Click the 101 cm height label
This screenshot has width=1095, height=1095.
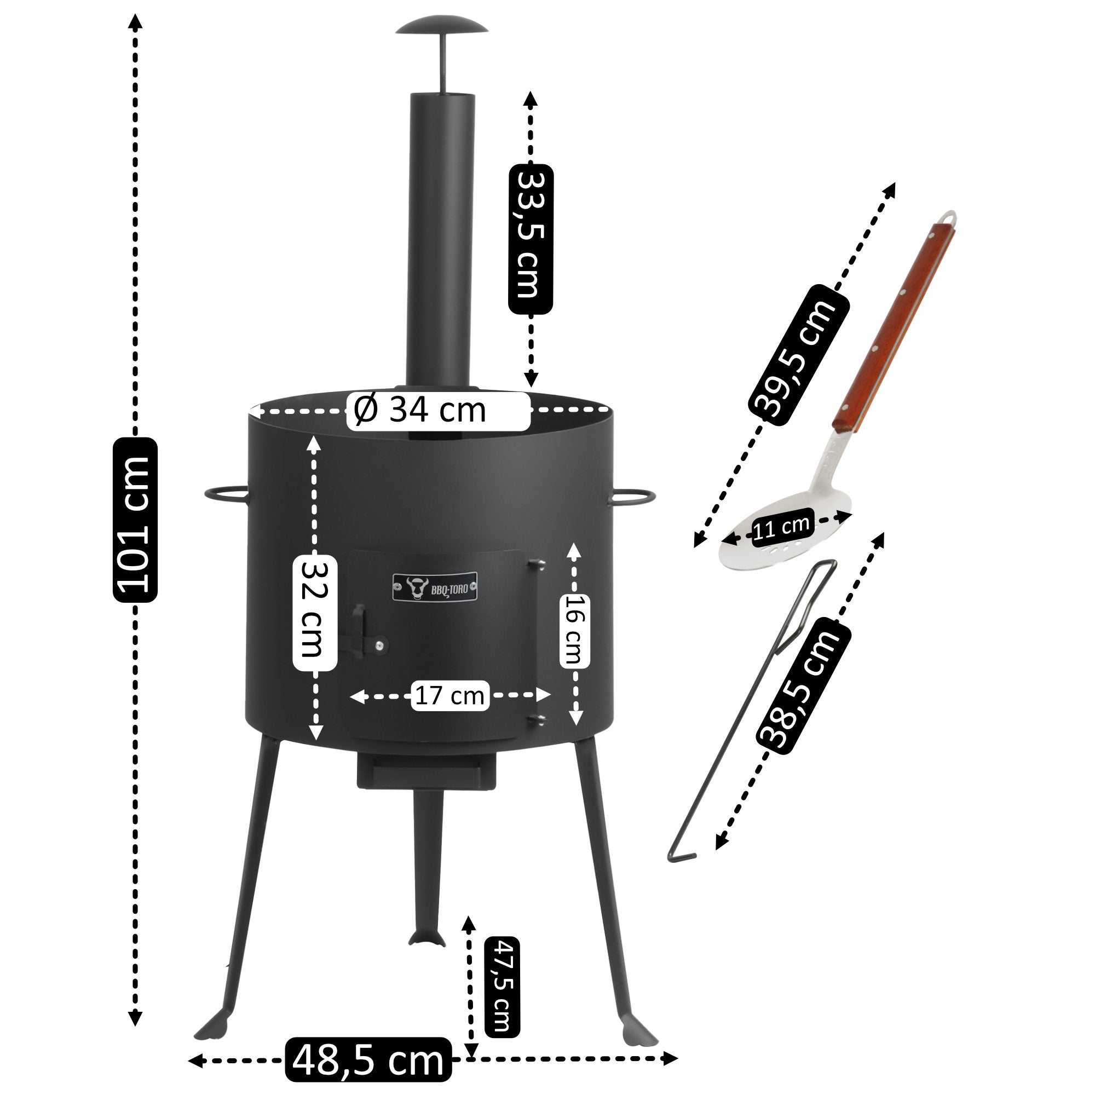coord(135,519)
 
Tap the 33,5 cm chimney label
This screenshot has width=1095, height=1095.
coord(531,239)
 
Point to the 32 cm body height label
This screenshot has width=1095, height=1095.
coord(315,613)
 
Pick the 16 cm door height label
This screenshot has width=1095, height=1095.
coord(575,629)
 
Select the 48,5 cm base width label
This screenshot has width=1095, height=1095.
coord(368,1059)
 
